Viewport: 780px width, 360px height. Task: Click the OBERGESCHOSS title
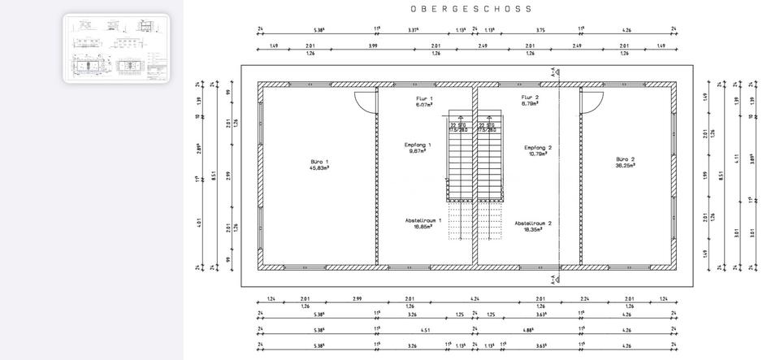471,9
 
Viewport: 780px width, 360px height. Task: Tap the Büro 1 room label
319,162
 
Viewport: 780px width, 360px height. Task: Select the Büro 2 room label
625,159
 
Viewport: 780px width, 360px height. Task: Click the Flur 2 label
530,98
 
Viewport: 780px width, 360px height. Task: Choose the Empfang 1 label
418,145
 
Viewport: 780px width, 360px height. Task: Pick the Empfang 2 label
538,147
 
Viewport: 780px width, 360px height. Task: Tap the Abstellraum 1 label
423,220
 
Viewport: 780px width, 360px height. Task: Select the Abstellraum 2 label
533,223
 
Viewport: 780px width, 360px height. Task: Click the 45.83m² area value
319,168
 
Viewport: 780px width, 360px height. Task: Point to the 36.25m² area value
625,165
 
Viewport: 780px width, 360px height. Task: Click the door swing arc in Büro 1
366,101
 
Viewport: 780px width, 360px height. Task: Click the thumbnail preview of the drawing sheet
116,48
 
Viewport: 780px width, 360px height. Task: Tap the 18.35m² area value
533,229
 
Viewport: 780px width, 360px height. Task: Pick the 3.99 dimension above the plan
373,46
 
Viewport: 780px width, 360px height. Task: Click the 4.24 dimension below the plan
474,298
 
